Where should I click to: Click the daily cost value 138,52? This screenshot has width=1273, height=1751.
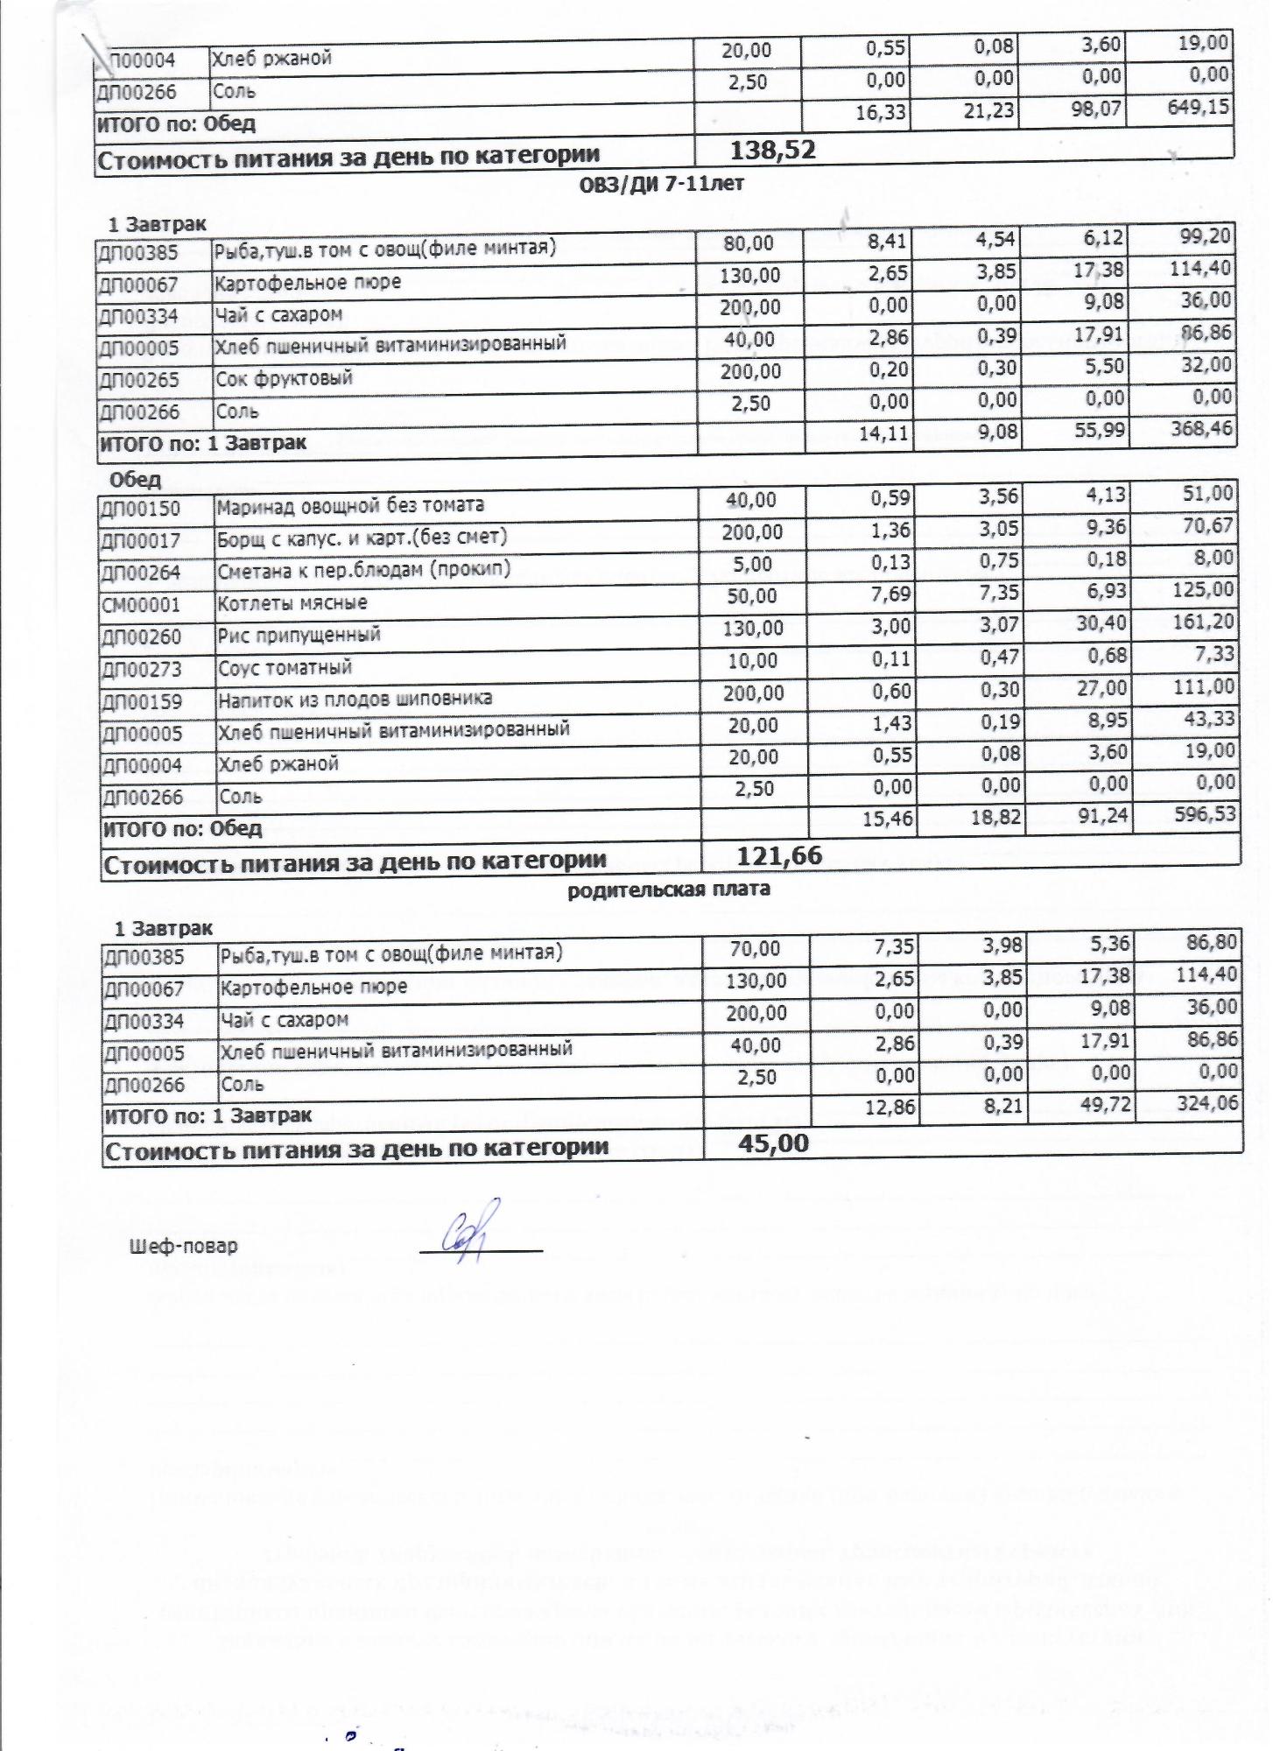(772, 151)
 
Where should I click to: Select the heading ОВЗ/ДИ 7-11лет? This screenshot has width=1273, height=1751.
(662, 185)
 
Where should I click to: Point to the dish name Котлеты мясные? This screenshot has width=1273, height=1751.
(292, 602)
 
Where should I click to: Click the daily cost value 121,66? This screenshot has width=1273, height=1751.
(779, 855)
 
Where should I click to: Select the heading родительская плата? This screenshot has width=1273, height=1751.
(670, 890)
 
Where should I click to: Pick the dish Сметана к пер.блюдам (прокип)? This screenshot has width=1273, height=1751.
(364, 570)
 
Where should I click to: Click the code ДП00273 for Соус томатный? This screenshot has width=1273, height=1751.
(142, 670)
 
